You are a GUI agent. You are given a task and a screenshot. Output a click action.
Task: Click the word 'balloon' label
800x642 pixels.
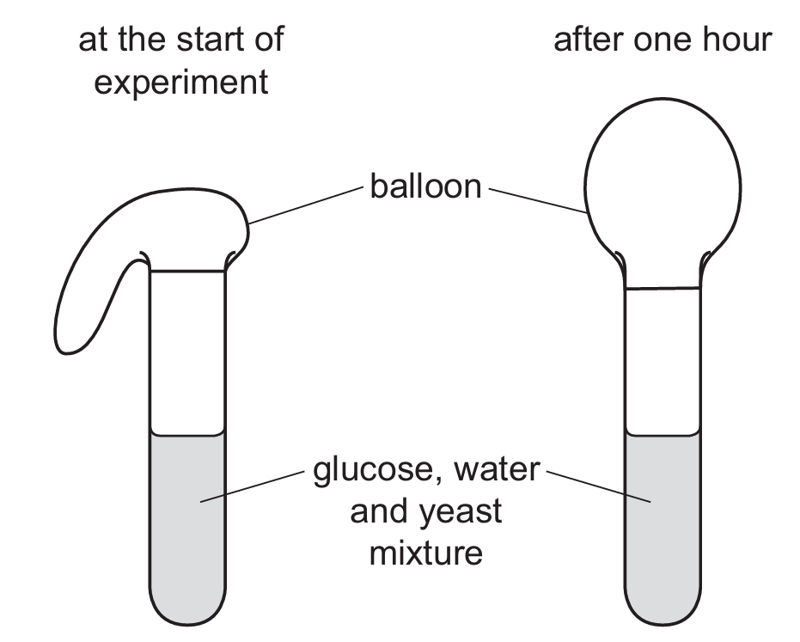point(425,186)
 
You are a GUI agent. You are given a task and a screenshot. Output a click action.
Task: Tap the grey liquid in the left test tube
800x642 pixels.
point(187,516)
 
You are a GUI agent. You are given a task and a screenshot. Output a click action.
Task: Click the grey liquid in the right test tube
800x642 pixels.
point(662,516)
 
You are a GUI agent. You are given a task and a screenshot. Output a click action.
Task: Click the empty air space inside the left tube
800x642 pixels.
point(187,352)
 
